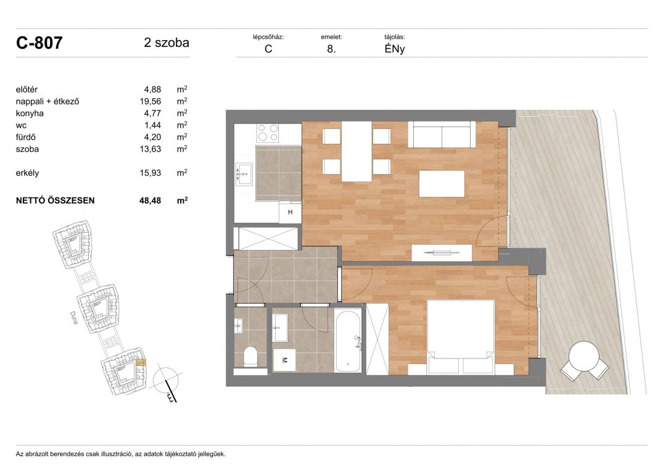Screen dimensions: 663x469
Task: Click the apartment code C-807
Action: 39,43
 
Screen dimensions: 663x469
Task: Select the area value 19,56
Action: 150,101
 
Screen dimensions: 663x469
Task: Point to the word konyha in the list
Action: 30,114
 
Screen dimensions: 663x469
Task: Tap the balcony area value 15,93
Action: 150,173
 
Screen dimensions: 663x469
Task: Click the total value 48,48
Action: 150,201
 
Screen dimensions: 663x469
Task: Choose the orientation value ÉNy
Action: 395,49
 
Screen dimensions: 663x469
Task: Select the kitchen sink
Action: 244,173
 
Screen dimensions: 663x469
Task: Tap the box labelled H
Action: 290,212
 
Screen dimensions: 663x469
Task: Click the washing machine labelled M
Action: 284,360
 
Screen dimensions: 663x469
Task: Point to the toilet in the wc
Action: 251,357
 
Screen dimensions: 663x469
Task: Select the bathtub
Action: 348,341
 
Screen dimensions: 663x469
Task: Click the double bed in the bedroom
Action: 461,337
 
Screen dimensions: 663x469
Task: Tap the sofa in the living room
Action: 442,134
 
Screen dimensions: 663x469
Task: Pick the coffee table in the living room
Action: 442,183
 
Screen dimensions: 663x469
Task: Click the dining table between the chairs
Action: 356,151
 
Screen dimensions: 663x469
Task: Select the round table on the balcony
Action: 583,355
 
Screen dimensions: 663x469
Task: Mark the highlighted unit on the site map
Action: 141,362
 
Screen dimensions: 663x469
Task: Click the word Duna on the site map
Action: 73,318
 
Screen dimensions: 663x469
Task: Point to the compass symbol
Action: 166,382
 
